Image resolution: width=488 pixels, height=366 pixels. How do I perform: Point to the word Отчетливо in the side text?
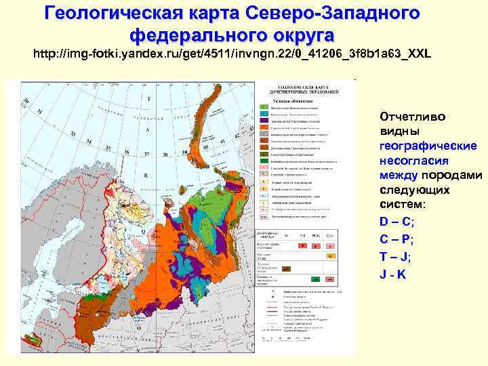tap(413, 117)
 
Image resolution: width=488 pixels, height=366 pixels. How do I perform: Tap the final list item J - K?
tap(393, 274)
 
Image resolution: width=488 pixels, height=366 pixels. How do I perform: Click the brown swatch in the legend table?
tap(286, 269)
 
